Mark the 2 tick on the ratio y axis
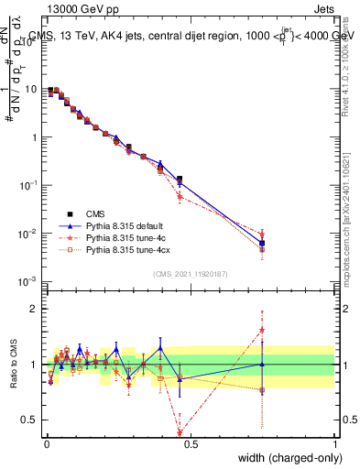[x=35, y=309]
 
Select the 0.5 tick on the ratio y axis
[x=31, y=420]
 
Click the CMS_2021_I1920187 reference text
[x=190, y=273]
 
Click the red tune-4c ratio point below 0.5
[x=180, y=433]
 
